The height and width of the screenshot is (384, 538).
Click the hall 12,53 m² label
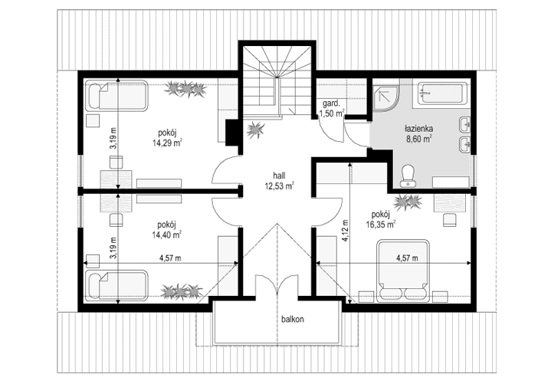(x=280, y=180)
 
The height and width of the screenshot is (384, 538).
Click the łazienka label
(x=419, y=130)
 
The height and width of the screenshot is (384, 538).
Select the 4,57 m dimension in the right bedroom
(x=406, y=258)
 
